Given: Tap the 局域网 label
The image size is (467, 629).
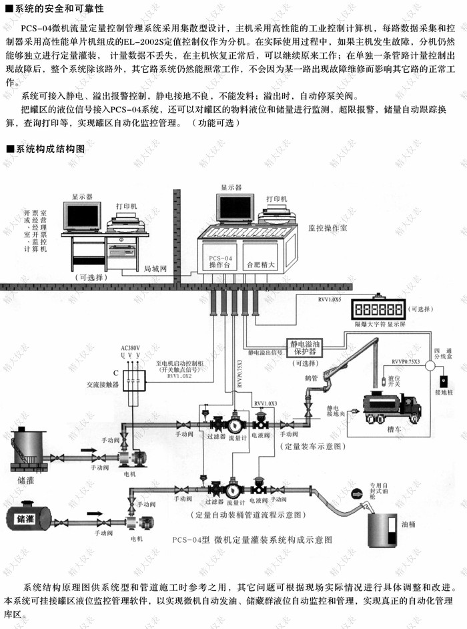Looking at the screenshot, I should pyautogui.click(x=155, y=268).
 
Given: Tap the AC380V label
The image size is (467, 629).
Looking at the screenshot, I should pyautogui.click(x=130, y=349).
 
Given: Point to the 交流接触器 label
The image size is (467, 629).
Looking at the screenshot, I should pyautogui.click(x=103, y=385).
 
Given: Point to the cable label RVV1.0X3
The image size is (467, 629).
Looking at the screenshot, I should pyautogui.click(x=266, y=403).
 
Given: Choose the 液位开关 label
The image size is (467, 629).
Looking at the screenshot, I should pyautogui.click(x=394, y=381).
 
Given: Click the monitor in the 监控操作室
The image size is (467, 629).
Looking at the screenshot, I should pyautogui.click(x=235, y=209).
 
